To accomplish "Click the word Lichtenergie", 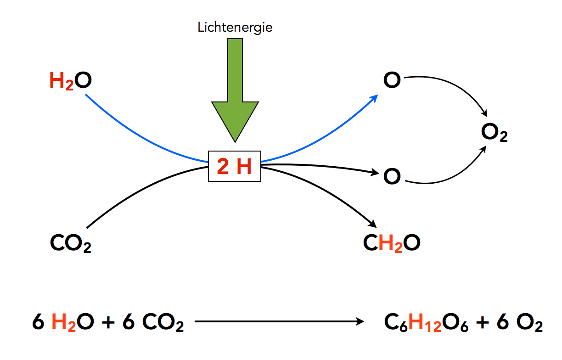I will pyautogui.click(x=235, y=28).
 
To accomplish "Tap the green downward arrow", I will pyautogui.click(x=235, y=92).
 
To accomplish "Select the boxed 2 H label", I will pyautogui.click(x=235, y=167).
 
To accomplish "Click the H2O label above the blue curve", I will pyautogui.click(x=70, y=82).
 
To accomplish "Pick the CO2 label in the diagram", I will pyautogui.click(x=70, y=243).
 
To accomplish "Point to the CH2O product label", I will pyautogui.click(x=392, y=243).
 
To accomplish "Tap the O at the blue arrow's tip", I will pyautogui.click(x=392, y=81).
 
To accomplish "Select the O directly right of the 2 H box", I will pyautogui.click(x=392, y=176).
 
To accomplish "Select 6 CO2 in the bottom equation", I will pyautogui.click(x=153, y=323).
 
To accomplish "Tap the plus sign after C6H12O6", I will pyautogui.click(x=482, y=323).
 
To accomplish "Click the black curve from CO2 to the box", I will pyautogui.click(x=138, y=188).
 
